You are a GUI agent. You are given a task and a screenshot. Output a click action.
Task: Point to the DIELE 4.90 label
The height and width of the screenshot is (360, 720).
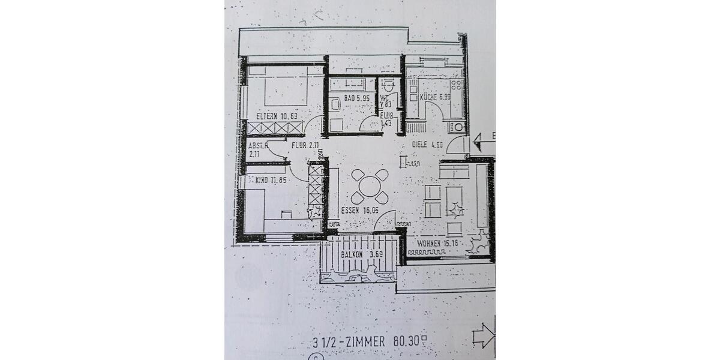click(427, 145)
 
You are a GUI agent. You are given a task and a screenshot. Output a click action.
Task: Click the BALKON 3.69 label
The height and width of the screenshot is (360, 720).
click(361, 254)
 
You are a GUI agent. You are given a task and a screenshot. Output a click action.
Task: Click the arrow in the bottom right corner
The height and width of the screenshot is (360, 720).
click(484, 336)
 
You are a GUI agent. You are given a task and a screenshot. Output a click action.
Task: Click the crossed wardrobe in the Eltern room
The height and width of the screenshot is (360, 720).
click(276, 128)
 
